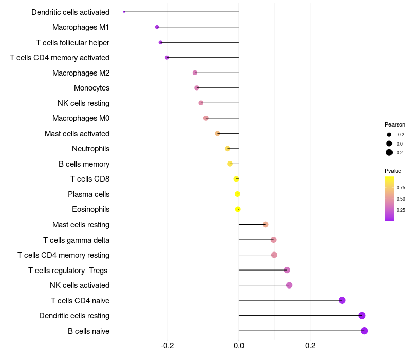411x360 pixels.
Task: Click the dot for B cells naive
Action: click(x=364, y=331)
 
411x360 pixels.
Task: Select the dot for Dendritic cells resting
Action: click(x=362, y=316)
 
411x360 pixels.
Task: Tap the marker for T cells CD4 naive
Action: click(x=342, y=300)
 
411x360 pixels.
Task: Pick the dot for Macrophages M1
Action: click(x=157, y=27)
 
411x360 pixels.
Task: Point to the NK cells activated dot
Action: click(x=289, y=285)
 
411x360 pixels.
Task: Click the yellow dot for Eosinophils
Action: click(x=238, y=209)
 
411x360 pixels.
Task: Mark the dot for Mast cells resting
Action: click(x=265, y=224)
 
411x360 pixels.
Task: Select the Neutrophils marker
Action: click(x=227, y=149)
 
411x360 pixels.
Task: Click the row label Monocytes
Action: click(x=91, y=88)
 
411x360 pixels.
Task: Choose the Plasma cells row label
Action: click(x=88, y=194)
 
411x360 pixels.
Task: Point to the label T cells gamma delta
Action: click(x=76, y=240)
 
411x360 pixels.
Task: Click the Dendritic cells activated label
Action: click(x=70, y=12)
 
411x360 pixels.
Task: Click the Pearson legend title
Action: click(x=395, y=124)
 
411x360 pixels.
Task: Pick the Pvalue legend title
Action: click(x=393, y=171)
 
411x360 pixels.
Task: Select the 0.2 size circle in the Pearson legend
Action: click(x=389, y=152)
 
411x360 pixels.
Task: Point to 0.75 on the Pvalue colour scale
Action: click(x=401, y=188)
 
